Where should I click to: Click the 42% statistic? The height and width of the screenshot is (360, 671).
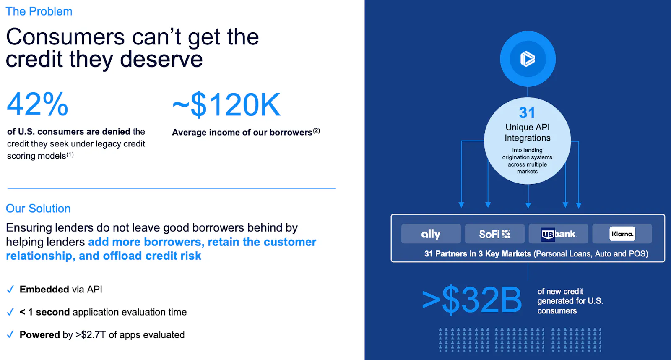pos(37,104)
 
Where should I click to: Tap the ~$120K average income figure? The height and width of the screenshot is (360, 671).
pos(226,104)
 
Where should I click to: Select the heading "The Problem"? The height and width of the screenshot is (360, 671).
pos(39,11)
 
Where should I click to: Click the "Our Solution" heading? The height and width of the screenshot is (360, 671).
pos(38,209)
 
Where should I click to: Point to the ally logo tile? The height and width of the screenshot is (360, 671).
pos(431,234)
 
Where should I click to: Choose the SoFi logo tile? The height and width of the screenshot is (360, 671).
pos(494,234)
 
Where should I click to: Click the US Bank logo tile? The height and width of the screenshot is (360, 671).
pos(558,234)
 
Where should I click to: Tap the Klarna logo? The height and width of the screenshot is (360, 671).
pos(622,234)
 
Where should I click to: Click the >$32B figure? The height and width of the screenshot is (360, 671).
pos(471,300)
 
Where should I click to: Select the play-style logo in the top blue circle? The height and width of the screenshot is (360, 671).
pos(528,59)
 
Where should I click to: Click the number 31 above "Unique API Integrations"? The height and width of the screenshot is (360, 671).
pos(527,113)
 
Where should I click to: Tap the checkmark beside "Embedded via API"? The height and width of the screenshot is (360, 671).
pos(10,289)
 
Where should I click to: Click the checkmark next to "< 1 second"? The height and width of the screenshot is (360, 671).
pos(10,312)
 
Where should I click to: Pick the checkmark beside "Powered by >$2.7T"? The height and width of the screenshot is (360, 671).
pos(10,334)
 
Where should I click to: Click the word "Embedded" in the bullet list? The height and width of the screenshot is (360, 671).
pos(44,289)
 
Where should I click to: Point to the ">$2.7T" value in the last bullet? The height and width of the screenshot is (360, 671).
pos(91,334)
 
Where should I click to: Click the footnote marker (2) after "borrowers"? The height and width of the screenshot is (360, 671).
pos(316,130)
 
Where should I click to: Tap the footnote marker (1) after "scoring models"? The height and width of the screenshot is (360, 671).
pos(70,154)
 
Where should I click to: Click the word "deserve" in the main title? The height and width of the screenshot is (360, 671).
pos(161,59)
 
